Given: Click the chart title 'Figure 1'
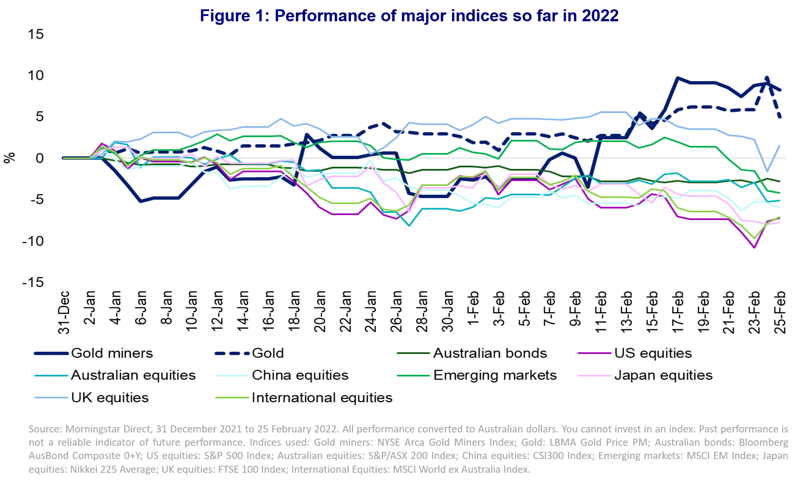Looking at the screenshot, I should [x=409, y=16].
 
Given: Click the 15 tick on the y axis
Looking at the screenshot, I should [x=35, y=34].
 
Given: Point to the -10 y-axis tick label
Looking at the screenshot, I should [x=33, y=241].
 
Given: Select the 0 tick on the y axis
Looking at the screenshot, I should [x=39, y=158].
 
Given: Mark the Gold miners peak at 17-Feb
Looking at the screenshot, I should [x=678, y=78].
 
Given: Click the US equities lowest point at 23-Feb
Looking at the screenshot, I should [x=754, y=247].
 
